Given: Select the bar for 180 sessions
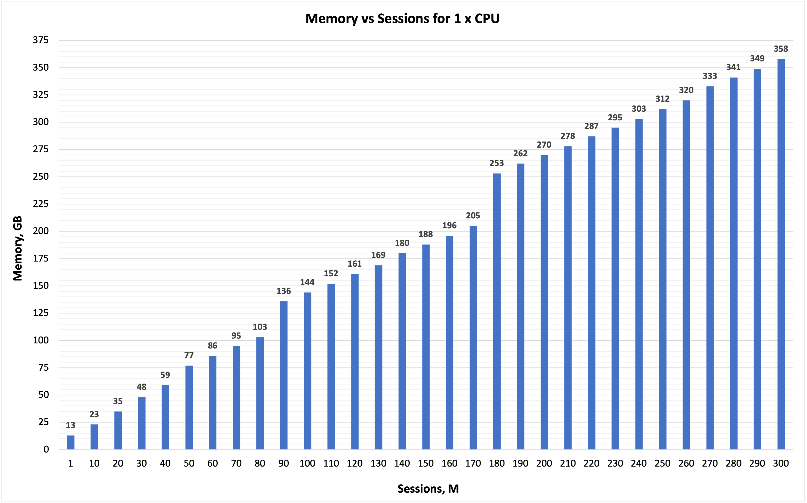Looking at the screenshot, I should (x=497, y=311).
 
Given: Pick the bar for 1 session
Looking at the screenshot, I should (x=71, y=442).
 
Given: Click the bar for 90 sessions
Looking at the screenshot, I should (x=284, y=375).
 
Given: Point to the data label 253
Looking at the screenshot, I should (x=497, y=163).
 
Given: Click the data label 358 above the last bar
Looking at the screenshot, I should (x=781, y=49).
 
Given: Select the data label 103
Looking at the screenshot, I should (x=260, y=327).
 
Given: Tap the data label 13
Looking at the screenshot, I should (x=71, y=425).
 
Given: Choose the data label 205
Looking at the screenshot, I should (x=473, y=216).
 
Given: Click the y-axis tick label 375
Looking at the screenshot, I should (x=41, y=40).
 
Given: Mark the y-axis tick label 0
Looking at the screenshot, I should (x=46, y=449).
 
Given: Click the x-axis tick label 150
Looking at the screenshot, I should (x=426, y=463).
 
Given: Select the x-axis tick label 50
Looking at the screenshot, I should (x=189, y=463).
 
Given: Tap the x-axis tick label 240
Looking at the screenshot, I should (x=639, y=463).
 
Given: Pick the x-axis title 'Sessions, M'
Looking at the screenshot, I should (x=428, y=489).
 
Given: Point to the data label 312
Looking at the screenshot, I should (x=662, y=99).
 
